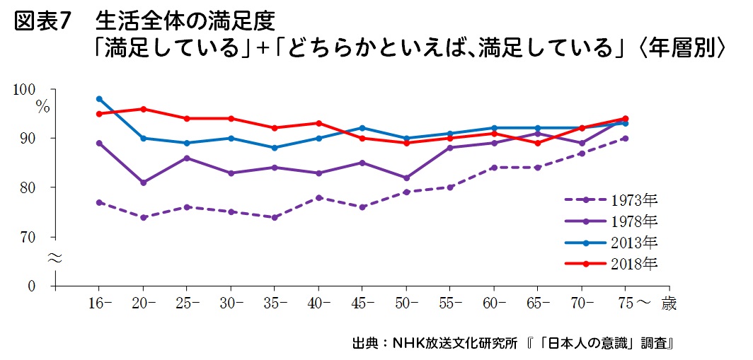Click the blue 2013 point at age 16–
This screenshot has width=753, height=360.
(x=99, y=98)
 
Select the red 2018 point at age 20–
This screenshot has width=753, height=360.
(x=143, y=109)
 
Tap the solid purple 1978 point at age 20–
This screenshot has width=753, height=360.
(x=143, y=182)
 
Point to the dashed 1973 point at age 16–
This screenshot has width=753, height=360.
(x=99, y=202)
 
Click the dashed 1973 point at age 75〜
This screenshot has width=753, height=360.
(x=625, y=138)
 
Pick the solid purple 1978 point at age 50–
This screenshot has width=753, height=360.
(x=406, y=178)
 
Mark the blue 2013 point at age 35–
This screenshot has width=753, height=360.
(x=275, y=148)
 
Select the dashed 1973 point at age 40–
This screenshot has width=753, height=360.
(x=318, y=197)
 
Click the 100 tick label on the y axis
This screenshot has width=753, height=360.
(x=24, y=90)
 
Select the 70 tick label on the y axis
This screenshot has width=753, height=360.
(x=28, y=237)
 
